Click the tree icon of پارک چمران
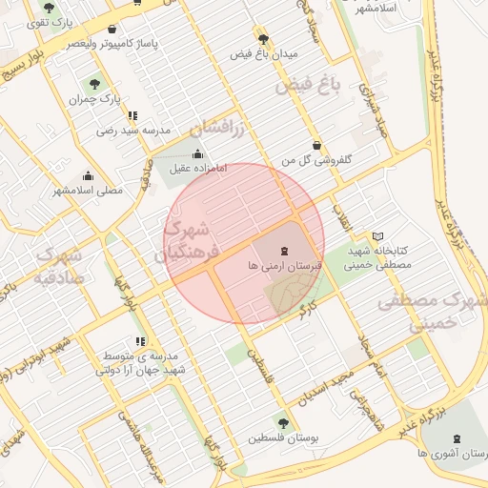[93, 83]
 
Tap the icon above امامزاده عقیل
[197, 154]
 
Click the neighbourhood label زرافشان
[218, 125]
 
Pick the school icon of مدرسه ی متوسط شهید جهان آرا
[141, 340]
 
